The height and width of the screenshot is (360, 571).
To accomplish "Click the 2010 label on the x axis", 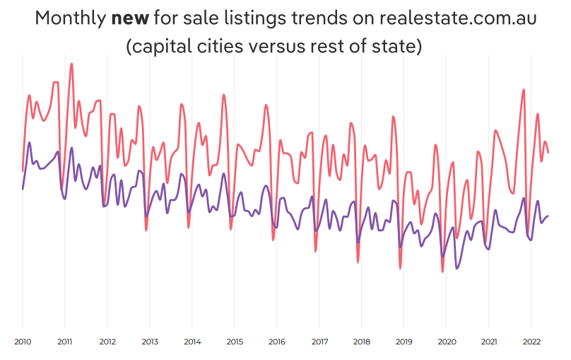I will pos(23,341).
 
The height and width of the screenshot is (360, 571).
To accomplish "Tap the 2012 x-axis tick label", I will pos(107,341).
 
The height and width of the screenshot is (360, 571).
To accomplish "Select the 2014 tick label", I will pos(192,341).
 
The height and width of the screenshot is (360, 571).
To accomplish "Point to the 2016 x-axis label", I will pos(277,341).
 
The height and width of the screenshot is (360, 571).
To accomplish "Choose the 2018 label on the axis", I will pos(361,341).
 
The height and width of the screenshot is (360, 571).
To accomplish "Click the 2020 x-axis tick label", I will pos(446,341).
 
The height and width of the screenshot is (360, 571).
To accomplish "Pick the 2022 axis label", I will pos(531,341).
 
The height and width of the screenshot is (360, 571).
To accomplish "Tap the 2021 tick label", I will pos(488,341).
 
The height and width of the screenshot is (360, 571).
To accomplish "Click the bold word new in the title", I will pos(126,19).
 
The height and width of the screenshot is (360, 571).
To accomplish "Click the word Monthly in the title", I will pos(71,19).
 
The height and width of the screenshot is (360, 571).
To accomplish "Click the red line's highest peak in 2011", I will pos(71,64).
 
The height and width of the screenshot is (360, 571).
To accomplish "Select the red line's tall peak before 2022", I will pos(524,90).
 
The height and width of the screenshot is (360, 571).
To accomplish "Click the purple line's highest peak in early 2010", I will pos(30,143).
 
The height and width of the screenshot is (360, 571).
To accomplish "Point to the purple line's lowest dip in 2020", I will pos(457,268).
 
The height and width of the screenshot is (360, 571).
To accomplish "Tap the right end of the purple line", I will pos(548,216).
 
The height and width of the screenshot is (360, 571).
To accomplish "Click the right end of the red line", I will pos(548,152).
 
